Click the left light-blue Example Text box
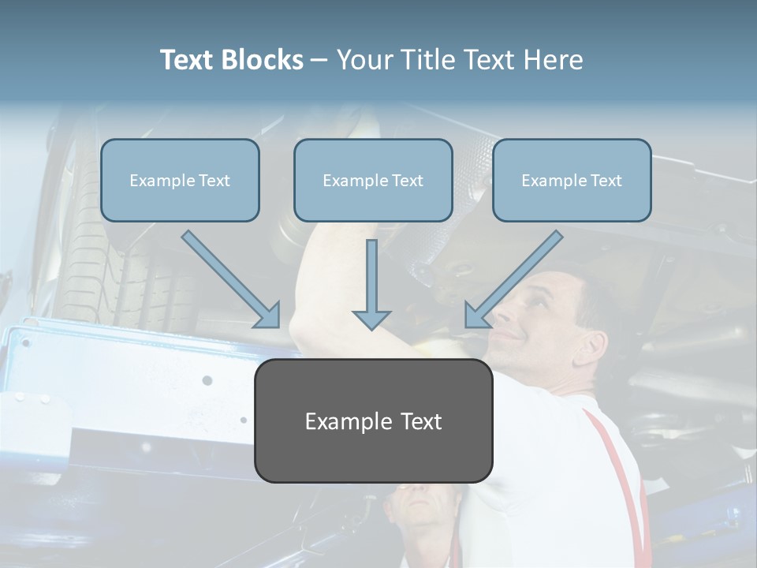click(x=180, y=181)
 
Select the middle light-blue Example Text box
click(x=373, y=181)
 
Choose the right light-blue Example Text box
click(x=572, y=181)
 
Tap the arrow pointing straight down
click(x=371, y=284)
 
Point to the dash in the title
click(x=320, y=60)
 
